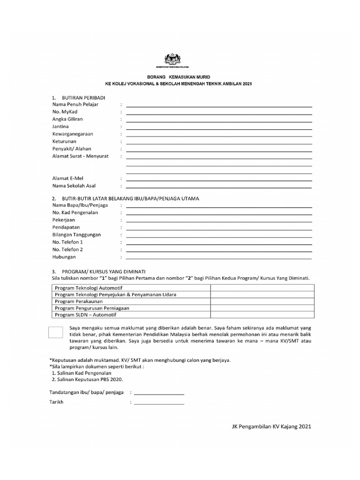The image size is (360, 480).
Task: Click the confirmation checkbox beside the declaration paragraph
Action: click(59, 333)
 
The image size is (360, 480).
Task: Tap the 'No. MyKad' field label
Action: click(65, 112)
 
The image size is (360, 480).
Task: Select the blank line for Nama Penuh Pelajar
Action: click(219, 105)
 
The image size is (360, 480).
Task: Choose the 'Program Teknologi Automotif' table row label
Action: click(85, 287)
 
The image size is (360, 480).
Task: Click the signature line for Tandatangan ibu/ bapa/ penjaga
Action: click(159, 393)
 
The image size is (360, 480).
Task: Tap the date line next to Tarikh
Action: click(159, 403)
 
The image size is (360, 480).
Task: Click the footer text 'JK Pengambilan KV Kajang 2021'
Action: click(271, 427)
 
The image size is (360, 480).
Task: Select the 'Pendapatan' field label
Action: click(66, 227)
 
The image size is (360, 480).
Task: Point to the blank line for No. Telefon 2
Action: click(219, 251)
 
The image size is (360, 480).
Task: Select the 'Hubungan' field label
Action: click(64, 257)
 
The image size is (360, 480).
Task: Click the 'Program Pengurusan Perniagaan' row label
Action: click(92, 308)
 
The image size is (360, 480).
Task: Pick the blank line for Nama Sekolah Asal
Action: click(219, 187)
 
